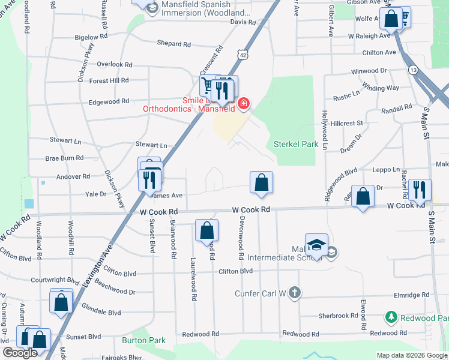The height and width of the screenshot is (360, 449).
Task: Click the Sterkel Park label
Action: [x=295, y=144]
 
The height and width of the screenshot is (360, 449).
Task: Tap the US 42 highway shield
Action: [x=242, y=54]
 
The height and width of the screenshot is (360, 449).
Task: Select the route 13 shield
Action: [x=414, y=71]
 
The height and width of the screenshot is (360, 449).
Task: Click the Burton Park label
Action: [x=143, y=340]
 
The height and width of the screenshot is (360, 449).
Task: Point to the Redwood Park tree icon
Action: [x=391, y=316]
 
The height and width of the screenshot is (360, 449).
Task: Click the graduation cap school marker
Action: [x=316, y=245]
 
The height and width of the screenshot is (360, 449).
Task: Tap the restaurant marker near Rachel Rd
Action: [x=418, y=190]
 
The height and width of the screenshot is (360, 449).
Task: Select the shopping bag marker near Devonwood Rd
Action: [x=261, y=182]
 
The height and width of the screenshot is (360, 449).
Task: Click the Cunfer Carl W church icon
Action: [x=294, y=293]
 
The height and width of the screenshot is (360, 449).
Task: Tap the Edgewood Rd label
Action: [x=109, y=101]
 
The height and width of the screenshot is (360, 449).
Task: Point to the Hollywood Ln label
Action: [x=325, y=130]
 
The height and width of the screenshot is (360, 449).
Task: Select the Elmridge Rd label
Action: [x=413, y=295]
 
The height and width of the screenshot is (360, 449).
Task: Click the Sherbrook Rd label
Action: [x=338, y=316]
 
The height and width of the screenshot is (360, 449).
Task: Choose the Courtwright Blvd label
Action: [x=55, y=280]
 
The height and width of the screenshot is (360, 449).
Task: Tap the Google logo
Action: [x=20, y=353]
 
